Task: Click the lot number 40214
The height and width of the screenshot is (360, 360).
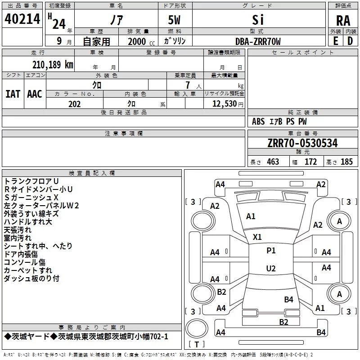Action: (x=22, y=19)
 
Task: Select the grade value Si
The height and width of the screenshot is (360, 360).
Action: (x=258, y=20)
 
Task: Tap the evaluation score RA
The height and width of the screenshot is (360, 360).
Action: (x=343, y=21)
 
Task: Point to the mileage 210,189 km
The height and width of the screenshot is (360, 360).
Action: (x=53, y=65)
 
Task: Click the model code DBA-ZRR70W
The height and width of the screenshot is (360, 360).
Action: (x=258, y=41)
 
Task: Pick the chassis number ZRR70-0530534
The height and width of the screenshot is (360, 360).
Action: (x=302, y=143)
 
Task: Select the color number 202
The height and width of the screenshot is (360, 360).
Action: (x=74, y=104)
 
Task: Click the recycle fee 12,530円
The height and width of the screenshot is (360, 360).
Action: (x=228, y=104)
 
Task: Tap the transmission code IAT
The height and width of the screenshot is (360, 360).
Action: (x=13, y=94)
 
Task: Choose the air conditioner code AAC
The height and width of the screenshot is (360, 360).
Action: (x=35, y=94)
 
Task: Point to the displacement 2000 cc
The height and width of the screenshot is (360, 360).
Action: (x=141, y=42)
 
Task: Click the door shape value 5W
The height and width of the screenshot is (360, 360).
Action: (x=174, y=20)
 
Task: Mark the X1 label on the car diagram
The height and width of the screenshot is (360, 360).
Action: (x=257, y=237)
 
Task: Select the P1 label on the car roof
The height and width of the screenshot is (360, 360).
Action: (x=271, y=250)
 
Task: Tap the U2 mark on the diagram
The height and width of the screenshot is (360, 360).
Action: (x=271, y=268)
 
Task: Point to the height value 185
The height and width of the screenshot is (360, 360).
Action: (x=346, y=162)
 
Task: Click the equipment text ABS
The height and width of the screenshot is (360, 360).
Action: (x=258, y=121)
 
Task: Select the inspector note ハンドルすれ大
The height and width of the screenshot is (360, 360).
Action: (x=28, y=222)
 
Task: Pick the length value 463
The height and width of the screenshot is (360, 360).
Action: (x=273, y=162)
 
